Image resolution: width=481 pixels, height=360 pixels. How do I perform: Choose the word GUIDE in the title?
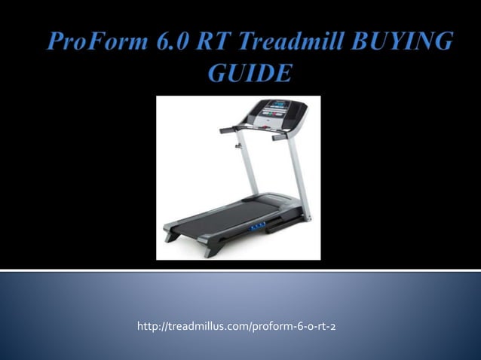(x=246, y=75)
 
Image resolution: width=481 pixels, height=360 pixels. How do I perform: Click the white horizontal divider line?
(x=240, y=269)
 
